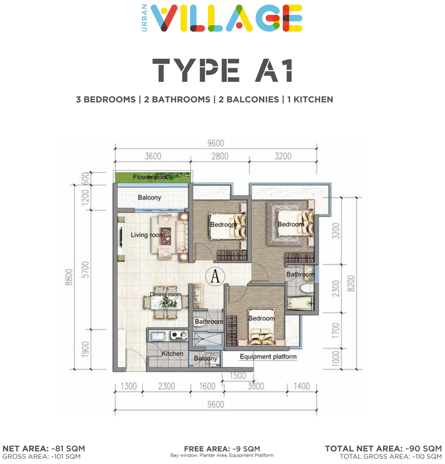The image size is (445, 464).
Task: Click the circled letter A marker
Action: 215,276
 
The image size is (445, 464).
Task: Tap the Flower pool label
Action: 150,177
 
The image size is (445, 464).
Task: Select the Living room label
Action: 148,235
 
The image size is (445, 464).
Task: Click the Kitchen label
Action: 172,353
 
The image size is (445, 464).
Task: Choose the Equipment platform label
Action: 268,356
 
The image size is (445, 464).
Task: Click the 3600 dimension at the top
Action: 153,156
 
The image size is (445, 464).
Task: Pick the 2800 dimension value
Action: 220,156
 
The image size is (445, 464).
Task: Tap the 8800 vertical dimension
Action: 69,277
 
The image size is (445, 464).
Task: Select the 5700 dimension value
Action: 85,270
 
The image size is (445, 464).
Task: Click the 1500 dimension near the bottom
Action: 238,376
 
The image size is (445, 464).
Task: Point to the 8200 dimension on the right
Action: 351,284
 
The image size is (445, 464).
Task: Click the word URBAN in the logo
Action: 144,18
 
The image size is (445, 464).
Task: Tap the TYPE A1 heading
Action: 223,70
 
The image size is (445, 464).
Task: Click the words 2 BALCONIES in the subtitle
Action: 249,100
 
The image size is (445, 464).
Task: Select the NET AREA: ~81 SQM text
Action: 44,449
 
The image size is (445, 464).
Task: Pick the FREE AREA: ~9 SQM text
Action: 222,449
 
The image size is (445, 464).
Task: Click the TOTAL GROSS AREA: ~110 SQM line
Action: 391,457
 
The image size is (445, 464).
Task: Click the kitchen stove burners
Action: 179,335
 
